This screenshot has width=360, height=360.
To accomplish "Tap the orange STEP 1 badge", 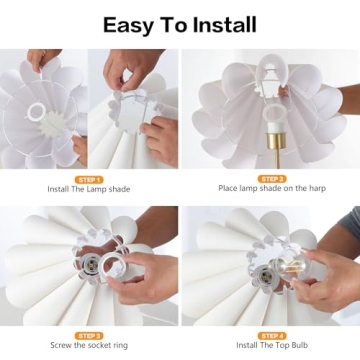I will click(89, 179).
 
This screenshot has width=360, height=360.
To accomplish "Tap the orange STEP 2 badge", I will click(270, 179).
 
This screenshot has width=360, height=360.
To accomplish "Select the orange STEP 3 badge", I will click(89, 336).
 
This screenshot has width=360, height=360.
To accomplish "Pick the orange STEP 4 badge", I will click(270, 336).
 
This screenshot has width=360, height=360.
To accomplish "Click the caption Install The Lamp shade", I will click(89, 188).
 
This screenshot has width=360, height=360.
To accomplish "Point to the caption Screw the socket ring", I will click(89, 347).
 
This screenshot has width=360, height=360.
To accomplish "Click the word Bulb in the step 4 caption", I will click(302, 347).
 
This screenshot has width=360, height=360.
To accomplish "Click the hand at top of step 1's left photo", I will click(42, 60).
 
